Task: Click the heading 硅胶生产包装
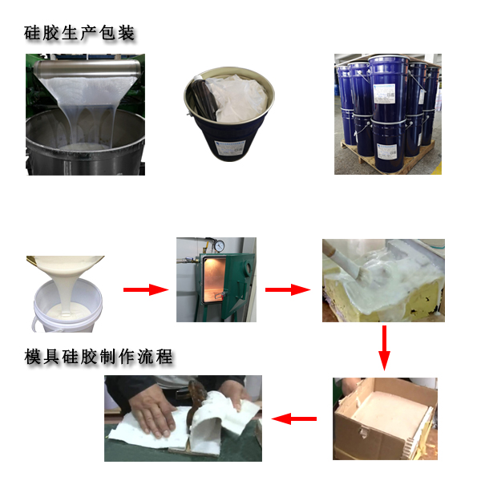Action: pos(79,33)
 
